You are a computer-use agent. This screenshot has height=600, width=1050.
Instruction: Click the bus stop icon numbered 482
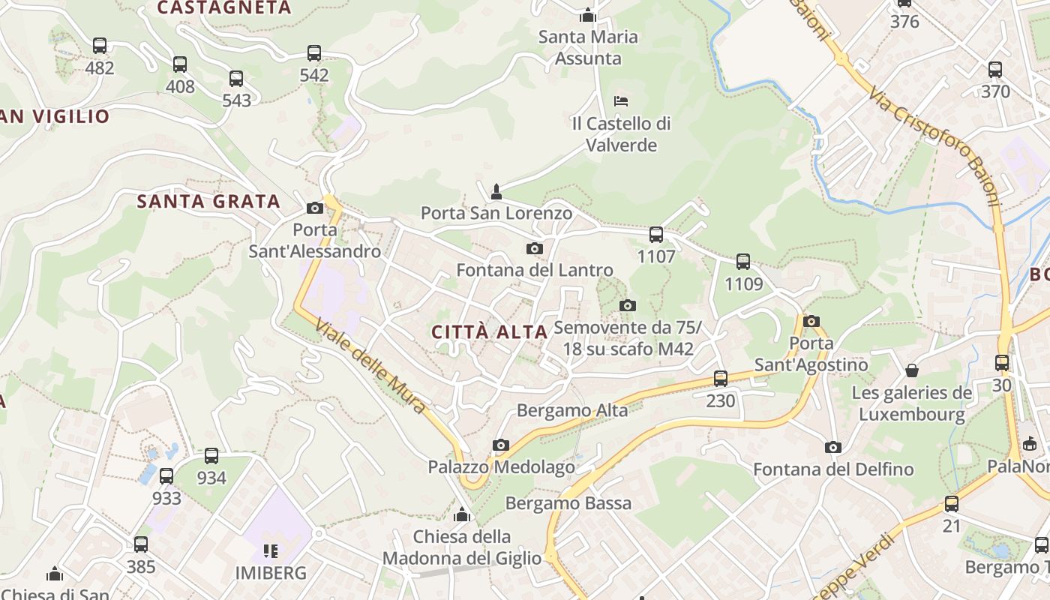point(100,46)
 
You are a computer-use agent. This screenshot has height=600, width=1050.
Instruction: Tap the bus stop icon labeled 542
point(314,53)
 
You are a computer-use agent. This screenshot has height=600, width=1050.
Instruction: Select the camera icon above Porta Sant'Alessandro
point(315,208)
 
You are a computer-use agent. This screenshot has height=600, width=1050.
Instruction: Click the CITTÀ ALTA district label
point(489,331)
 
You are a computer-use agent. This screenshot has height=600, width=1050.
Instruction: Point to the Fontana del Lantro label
point(535,270)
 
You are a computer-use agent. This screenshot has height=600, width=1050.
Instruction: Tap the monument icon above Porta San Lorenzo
point(496,192)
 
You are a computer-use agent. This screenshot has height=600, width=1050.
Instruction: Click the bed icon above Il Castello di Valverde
point(621,101)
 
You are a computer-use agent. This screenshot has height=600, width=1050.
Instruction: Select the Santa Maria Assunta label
point(588,47)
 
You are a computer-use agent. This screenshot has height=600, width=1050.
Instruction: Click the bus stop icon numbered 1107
point(656,235)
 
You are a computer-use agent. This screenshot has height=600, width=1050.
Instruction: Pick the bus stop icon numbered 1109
point(743,262)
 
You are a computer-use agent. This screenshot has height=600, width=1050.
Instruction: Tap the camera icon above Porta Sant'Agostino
point(811,322)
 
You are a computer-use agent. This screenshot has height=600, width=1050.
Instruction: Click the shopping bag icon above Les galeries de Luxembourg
point(912,370)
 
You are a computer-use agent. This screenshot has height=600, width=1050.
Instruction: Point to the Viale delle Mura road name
point(370,367)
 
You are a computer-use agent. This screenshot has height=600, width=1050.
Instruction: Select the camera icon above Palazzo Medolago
point(501,445)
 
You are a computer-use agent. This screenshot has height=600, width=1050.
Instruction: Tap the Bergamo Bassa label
point(568,503)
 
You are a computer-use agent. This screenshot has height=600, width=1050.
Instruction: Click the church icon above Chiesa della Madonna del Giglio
point(462,515)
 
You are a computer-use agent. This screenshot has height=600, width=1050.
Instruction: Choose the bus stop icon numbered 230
point(721,379)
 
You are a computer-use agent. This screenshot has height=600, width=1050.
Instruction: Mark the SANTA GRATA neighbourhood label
point(208,201)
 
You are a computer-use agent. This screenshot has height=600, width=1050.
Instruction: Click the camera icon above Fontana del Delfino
point(833,448)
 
